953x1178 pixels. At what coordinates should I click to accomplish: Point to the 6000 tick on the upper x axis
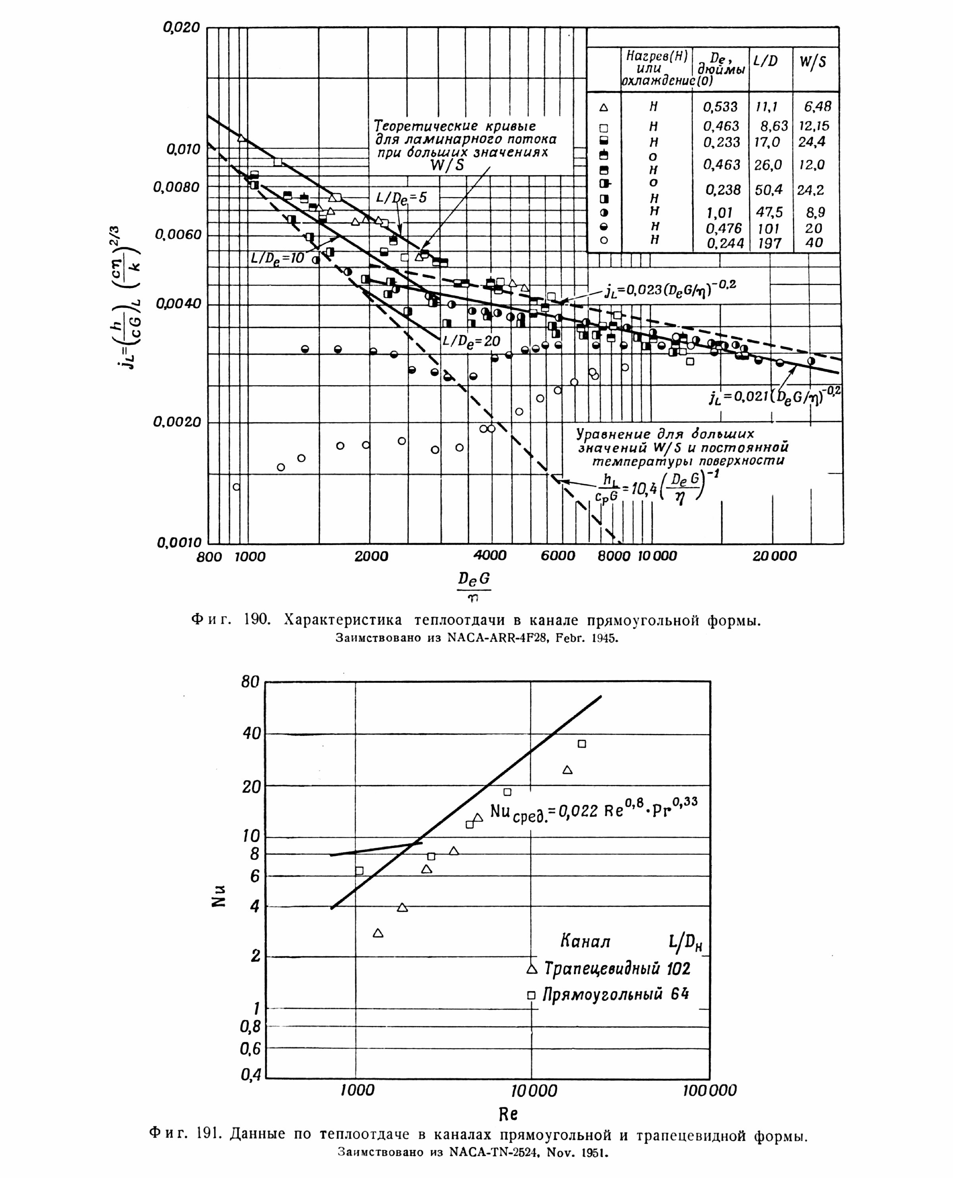click(x=558, y=556)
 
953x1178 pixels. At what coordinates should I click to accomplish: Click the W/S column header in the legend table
click(x=812, y=62)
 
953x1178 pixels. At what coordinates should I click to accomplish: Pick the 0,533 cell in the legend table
click(x=721, y=106)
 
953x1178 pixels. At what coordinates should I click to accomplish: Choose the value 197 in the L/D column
click(x=769, y=243)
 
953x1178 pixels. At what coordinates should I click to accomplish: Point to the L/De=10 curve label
click(x=277, y=258)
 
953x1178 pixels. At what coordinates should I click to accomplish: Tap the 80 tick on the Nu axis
click(x=250, y=683)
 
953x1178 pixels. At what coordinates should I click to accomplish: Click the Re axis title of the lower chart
click(x=508, y=1114)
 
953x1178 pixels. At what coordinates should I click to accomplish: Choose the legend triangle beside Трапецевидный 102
click(x=531, y=969)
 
